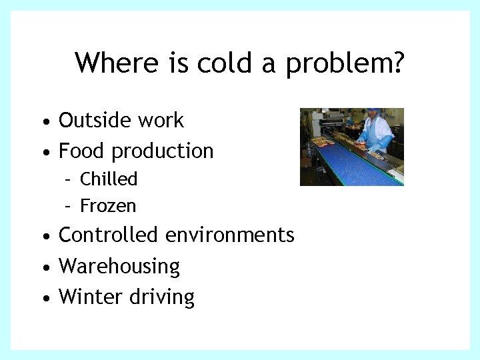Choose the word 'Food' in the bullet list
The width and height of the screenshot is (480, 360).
click(82, 151)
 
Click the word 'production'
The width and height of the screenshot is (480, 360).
click(163, 152)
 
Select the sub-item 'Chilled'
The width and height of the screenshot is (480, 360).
click(109, 179)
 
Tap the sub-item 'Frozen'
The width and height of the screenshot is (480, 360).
click(108, 206)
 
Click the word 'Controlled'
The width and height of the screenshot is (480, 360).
click(109, 235)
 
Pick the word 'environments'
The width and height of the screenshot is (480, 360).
click(230, 235)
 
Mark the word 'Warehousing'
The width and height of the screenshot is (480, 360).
click(119, 267)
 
